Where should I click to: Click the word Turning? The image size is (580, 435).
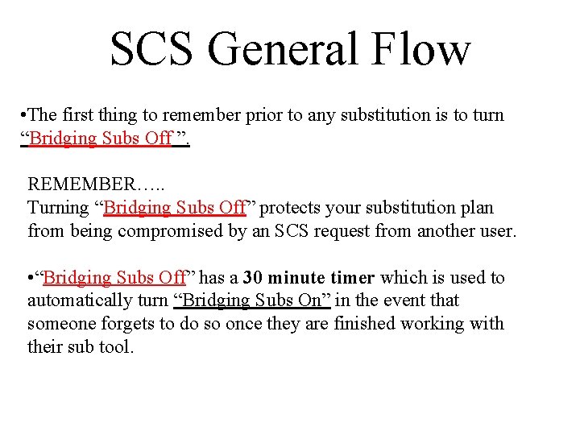[x=58, y=207]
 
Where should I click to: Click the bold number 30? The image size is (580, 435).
[x=252, y=277]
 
